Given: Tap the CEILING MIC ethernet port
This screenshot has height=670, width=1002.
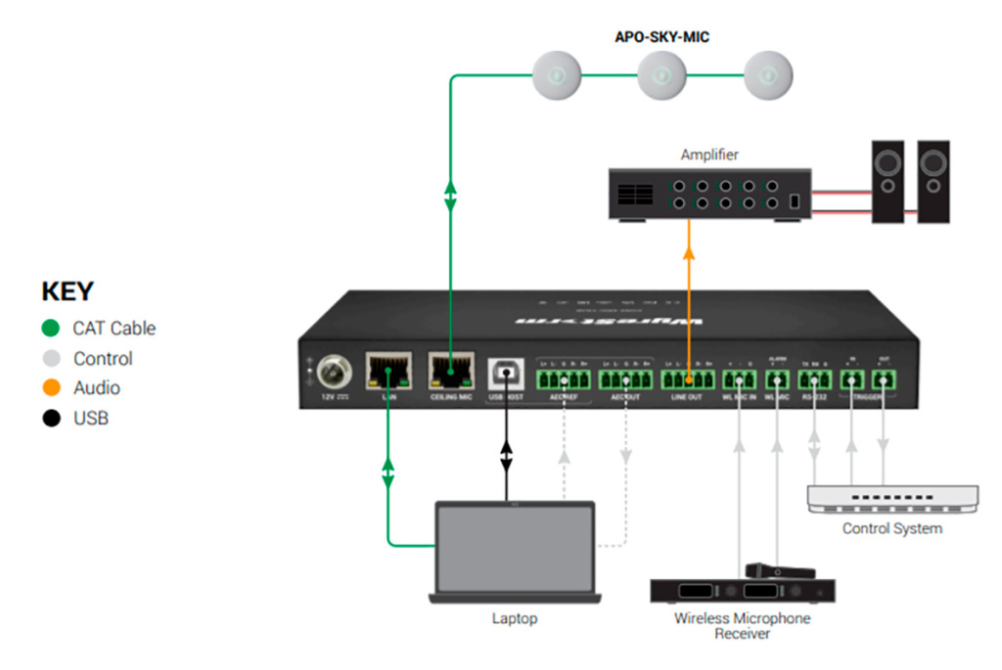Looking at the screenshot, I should (x=450, y=372).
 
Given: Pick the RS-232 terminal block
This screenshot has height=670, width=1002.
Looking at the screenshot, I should (x=814, y=380).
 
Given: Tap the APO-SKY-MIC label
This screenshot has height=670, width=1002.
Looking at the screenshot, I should (x=662, y=37).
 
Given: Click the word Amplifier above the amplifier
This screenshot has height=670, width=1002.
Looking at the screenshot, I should (x=709, y=155).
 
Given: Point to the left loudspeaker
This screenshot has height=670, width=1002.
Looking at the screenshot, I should (x=888, y=182).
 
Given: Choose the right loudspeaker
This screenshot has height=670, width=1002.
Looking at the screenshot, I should (x=934, y=182).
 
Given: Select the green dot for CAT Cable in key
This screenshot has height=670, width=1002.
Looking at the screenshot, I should (x=52, y=328).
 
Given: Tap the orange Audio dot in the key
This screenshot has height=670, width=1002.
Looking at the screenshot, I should (x=52, y=388).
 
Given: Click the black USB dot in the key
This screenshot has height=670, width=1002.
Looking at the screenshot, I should (x=52, y=419).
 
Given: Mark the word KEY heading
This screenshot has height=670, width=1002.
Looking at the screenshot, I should (x=67, y=291).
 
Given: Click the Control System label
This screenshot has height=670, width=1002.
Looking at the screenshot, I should (x=892, y=528).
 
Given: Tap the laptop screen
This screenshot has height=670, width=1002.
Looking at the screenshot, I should (x=515, y=548).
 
